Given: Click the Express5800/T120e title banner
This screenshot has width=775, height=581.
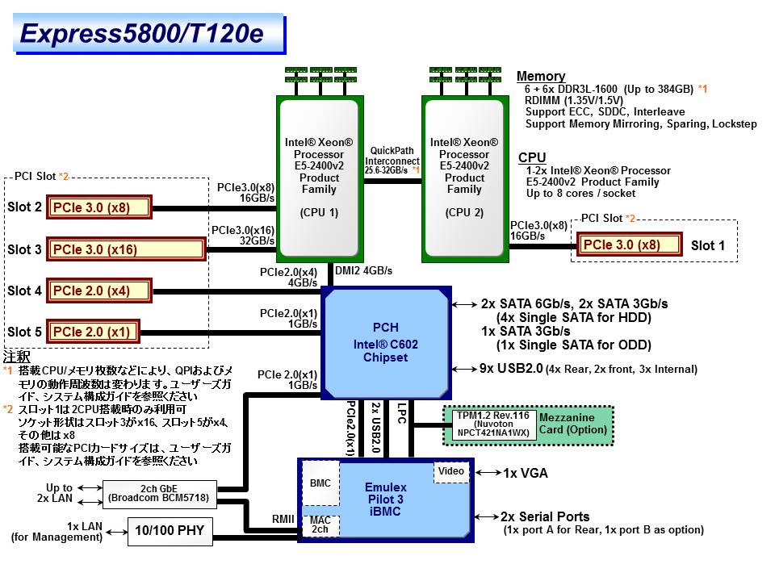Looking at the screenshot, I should pos(149,34).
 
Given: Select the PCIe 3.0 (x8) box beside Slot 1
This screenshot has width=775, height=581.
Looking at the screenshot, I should pos(622,245).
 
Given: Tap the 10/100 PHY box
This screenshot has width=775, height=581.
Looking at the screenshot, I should pos(170,530).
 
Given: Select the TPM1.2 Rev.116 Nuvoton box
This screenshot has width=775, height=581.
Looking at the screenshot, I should pos(492,424).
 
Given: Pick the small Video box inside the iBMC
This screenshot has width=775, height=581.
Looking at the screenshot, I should pos(451,471).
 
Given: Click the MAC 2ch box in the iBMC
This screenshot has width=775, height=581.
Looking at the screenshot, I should pos(320,525).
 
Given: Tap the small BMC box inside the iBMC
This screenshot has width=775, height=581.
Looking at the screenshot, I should pos(320,483).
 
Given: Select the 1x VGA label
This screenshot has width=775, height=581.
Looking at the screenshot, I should pos(527,473).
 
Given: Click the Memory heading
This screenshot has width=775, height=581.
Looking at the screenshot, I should pos(541,77).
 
